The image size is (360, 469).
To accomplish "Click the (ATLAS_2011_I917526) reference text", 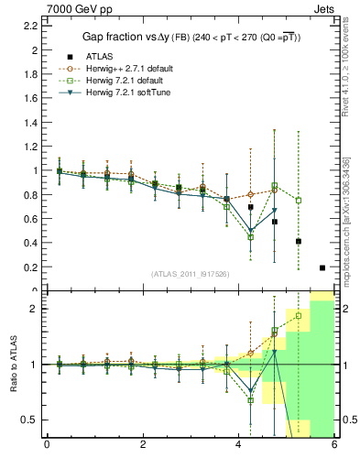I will point(190,274).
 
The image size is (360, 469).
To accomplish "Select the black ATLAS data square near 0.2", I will point(322,267).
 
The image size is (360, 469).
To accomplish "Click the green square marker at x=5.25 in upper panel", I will point(299,200).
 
